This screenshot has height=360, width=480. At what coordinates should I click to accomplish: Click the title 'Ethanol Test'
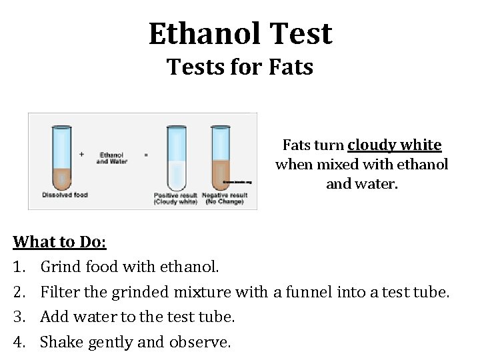pyautogui.click(x=240, y=33)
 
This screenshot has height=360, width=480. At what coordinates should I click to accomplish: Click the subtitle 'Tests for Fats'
pyautogui.click(x=240, y=67)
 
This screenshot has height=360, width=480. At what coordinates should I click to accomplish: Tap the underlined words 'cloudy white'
pyautogui.click(x=394, y=145)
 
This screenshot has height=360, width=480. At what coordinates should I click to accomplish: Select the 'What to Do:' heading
pyautogui.click(x=55, y=241)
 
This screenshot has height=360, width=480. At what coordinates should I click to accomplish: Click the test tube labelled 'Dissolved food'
pyautogui.click(x=61, y=157)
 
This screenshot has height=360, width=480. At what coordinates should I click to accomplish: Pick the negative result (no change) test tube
pyautogui.click(x=221, y=157)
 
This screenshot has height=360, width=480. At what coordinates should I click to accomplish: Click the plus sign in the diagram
pyautogui.click(x=81, y=154)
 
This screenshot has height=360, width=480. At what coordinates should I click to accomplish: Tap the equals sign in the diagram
pyautogui.click(x=146, y=155)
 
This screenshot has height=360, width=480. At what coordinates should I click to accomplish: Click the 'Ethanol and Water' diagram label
pyautogui.click(x=111, y=158)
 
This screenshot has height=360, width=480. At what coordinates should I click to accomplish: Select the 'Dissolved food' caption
pyautogui.click(x=65, y=195)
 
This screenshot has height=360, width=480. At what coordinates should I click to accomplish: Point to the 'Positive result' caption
pyautogui.click(x=175, y=195)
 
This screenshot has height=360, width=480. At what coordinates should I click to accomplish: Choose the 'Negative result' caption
pyautogui.click(x=224, y=195)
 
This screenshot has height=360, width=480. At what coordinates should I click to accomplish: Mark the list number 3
pyautogui.click(x=20, y=317)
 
